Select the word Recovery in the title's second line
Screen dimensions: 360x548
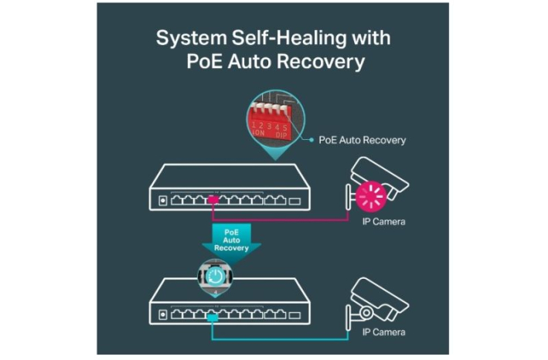pyautogui.click(x=322, y=62)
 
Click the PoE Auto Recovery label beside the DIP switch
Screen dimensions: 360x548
pyautogui.click(x=362, y=141)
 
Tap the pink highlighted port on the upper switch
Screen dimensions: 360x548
pyautogui.click(x=213, y=200)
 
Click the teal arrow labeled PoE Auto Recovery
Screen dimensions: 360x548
pyautogui.click(x=236, y=240)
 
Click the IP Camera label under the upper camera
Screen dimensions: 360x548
pyautogui.click(x=383, y=222)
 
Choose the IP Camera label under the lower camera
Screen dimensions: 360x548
pyautogui.click(x=383, y=333)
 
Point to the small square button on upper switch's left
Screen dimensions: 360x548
pyautogui.click(x=162, y=201)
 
